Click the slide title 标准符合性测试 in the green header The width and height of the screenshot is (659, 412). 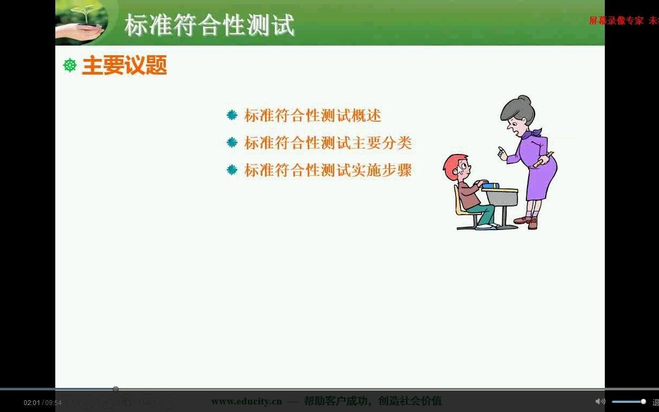coord(209,25)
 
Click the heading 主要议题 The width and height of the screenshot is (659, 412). coord(125,65)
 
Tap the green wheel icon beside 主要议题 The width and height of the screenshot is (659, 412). coord(70,65)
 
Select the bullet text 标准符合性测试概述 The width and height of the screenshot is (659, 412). coord(312,115)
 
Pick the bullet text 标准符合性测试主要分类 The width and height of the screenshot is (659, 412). coord(328,143)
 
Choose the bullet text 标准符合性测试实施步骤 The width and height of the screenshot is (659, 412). coord(328,170)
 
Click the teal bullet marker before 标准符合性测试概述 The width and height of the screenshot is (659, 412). coord(232,115)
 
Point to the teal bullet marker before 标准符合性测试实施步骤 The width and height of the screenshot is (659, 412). coord(232,170)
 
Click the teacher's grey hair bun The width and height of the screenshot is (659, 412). coord(524,100)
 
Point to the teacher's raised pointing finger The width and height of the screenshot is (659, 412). coord(500,151)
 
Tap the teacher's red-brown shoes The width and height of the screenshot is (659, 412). coord(526,221)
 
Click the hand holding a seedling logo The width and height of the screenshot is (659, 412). coord(80,24)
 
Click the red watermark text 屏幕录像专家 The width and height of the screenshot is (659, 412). coord(616,21)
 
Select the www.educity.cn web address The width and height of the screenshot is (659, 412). coord(246,401)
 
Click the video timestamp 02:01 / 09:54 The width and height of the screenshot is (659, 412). coord(42,402)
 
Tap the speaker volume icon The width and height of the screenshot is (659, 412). coord(600,401)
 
